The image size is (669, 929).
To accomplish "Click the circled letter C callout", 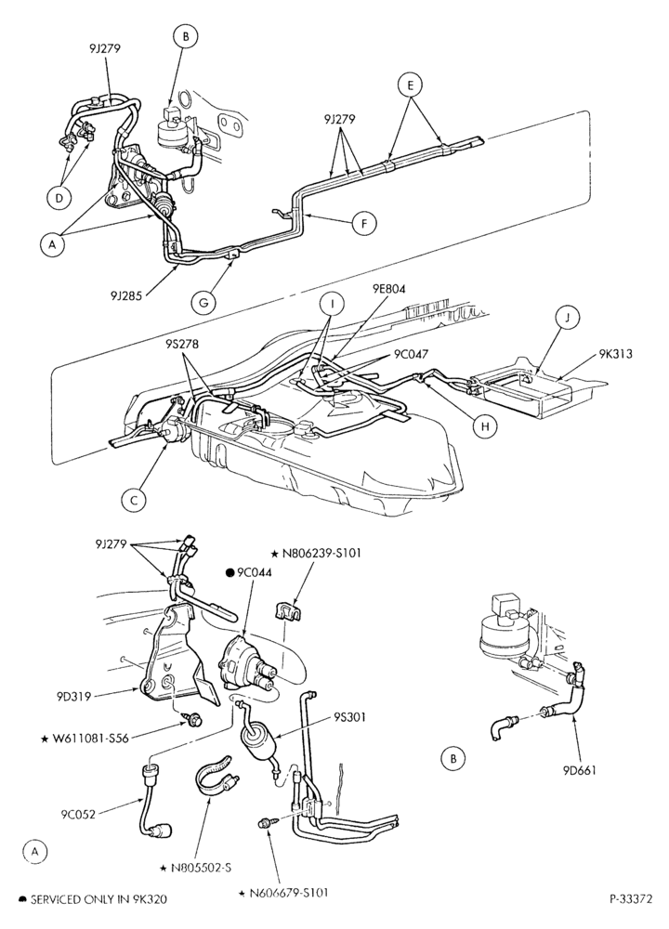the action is (134, 500).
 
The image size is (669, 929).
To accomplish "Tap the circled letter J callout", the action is (567, 318).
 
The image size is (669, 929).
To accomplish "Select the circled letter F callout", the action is (365, 223).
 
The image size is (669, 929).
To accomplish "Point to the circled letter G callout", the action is (203, 301).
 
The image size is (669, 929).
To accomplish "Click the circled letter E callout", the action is (410, 85).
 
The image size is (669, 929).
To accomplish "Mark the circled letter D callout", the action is (58, 198).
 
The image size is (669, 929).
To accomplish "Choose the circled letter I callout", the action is (332, 305).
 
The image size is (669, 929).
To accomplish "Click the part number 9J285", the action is (125, 294).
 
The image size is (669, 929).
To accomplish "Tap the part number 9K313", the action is (614, 354).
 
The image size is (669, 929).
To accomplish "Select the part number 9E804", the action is (389, 289).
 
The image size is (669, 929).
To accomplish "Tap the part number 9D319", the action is (74, 696).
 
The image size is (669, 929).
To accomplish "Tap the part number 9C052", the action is (78, 814).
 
